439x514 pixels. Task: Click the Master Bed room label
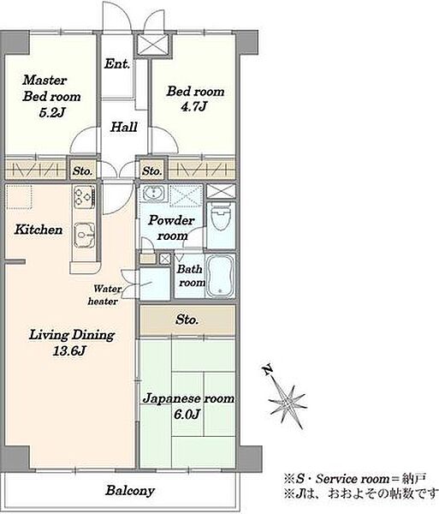(x=51, y=88)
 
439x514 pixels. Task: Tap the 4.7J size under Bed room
(x=194, y=106)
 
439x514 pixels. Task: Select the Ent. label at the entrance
(x=117, y=63)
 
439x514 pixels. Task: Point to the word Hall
(x=123, y=127)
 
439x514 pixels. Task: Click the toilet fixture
(x=221, y=217)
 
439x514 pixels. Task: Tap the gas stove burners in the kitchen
(x=85, y=197)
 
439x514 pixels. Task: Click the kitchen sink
(x=84, y=235)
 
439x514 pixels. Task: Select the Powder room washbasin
(x=153, y=193)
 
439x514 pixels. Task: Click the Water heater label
(x=104, y=295)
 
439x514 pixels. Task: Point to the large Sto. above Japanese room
(x=187, y=320)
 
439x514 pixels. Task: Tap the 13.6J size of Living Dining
(x=69, y=351)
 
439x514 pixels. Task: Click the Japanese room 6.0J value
(x=187, y=415)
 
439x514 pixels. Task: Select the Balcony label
(x=130, y=491)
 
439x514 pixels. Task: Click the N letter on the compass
(x=268, y=370)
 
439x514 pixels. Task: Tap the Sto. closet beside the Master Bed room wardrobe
(x=82, y=170)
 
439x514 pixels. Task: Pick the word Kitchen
(x=39, y=230)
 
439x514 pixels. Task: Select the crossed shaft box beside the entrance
(x=153, y=45)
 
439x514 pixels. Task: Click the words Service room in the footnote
(x=353, y=479)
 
